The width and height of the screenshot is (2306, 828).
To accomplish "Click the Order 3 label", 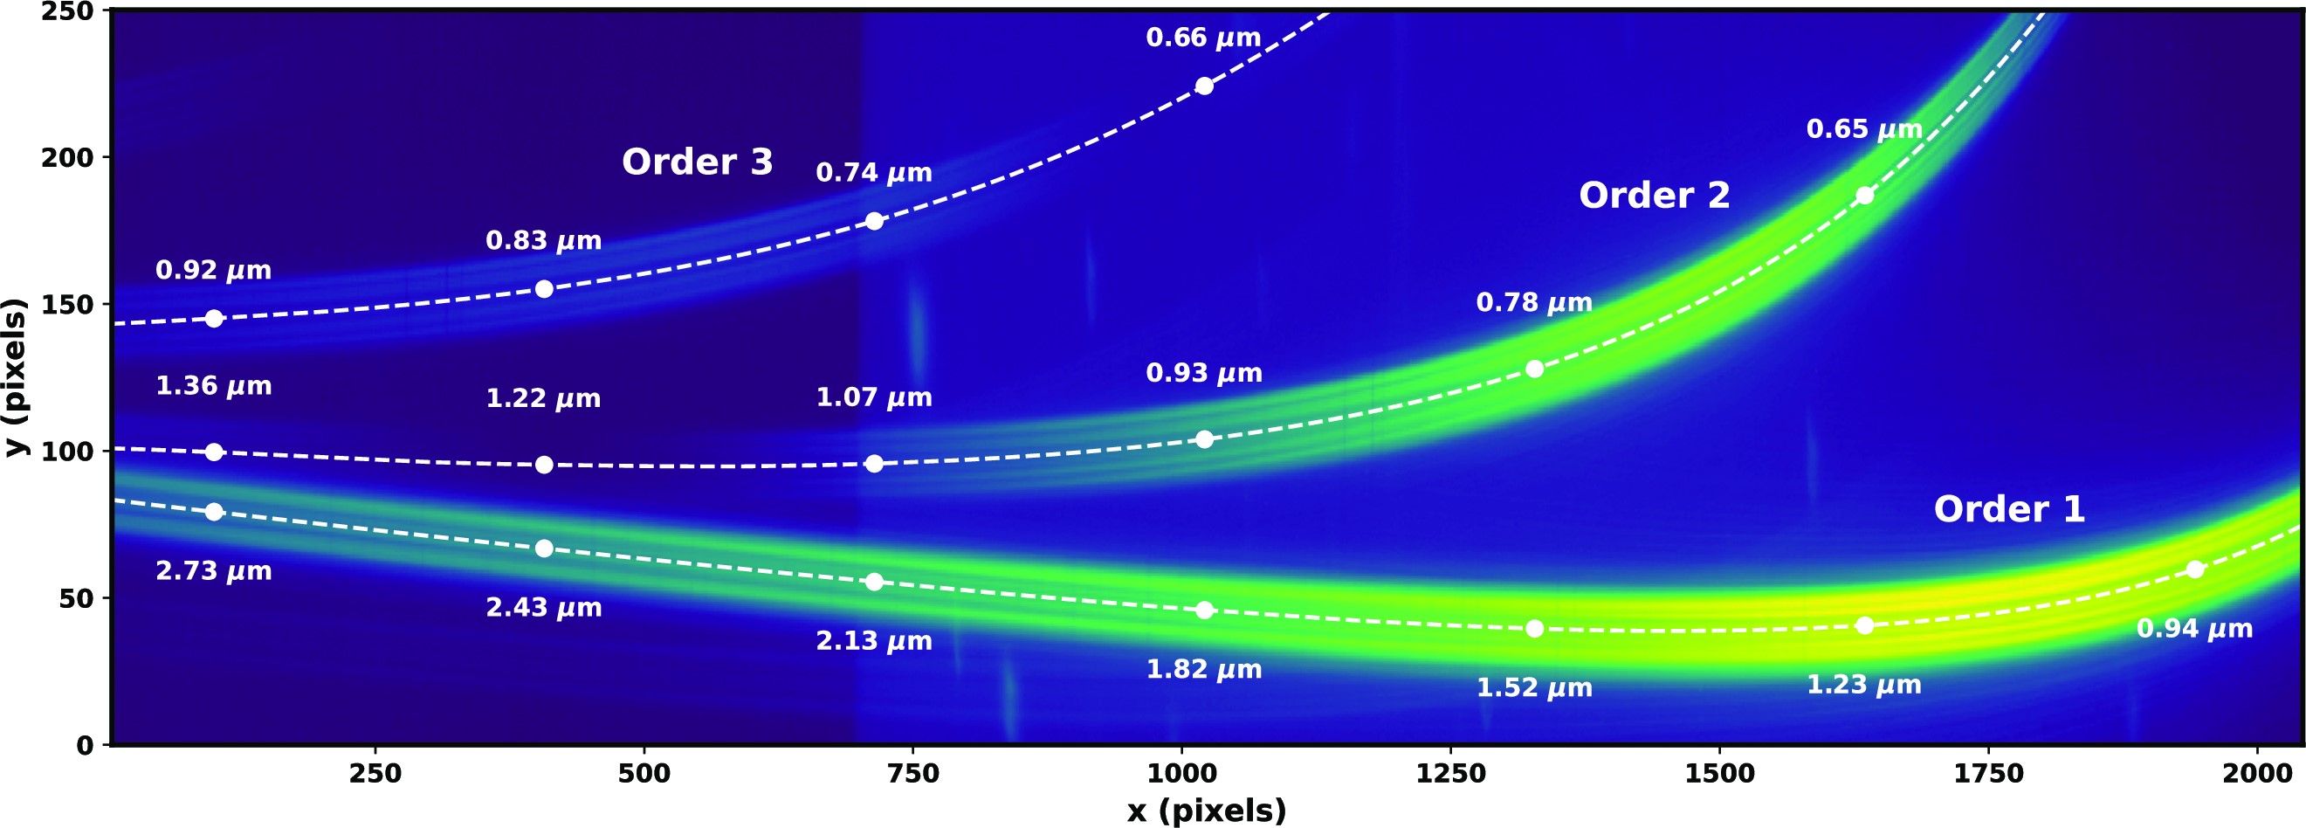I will coord(697,162).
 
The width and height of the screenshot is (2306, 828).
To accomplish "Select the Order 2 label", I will coord(1654,195).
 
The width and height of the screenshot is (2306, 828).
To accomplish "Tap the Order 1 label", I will coord(2009,509).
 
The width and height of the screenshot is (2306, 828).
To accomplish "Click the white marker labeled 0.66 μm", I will coord(1204,86).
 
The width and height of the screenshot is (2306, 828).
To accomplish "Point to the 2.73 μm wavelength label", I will coord(213,571).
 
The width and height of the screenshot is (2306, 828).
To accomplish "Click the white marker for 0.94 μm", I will coord(2194,569).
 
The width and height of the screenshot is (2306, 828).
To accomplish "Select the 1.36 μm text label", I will coord(213,386).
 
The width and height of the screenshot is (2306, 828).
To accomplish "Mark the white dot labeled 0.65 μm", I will coord(1864,195).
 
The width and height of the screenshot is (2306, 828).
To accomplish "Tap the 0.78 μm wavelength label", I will coord(1533,302).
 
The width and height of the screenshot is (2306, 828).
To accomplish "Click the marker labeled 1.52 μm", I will coord(1533,628).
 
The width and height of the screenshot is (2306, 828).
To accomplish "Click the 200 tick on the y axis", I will coord(66,157).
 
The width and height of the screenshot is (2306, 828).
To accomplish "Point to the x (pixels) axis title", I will coord(1206,811).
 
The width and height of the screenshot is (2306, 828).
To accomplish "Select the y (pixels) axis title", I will coord(16,376).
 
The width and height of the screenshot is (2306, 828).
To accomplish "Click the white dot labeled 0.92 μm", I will coord(213,319).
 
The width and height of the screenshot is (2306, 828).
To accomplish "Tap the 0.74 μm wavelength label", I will coord(874,173).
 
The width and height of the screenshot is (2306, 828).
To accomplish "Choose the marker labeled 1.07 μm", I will coord(874,464).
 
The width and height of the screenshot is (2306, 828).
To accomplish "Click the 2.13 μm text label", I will coord(874,641).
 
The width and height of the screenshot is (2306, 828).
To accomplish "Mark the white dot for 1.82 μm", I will coord(1204,610).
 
